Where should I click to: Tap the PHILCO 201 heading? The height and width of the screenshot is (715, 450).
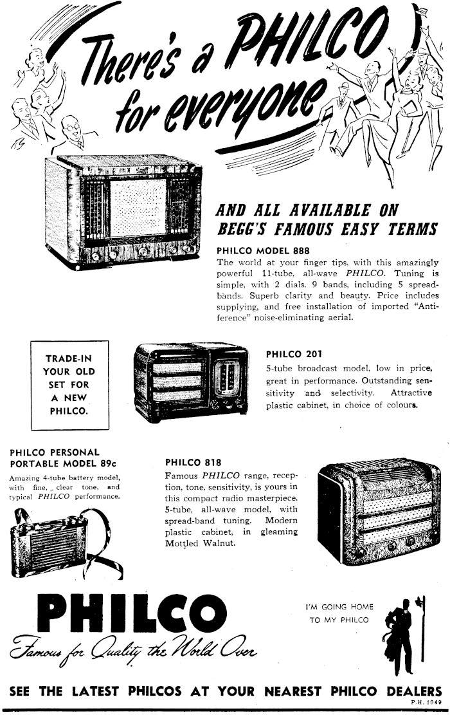294,354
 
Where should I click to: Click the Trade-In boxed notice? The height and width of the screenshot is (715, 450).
70,384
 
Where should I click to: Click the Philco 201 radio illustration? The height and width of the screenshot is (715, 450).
192,383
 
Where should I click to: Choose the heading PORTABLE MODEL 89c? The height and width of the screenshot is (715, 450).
55,463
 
